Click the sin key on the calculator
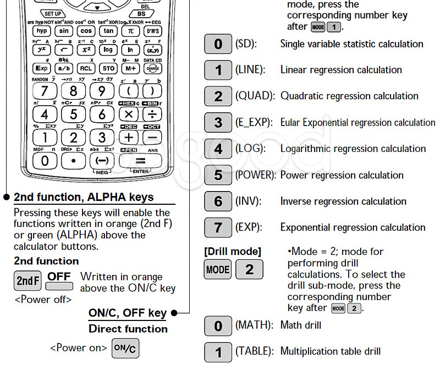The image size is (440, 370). [x=64, y=31]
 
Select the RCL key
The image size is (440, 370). [x=85, y=68]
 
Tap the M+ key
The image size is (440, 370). [x=130, y=68]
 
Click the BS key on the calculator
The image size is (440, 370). [x=141, y=13]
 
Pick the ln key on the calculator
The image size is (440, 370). [x=130, y=50]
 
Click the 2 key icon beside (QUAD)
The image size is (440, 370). [x=218, y=96]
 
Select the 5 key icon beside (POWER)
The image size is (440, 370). [x=218, y=175]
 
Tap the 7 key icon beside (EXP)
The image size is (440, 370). [x=218, y=227]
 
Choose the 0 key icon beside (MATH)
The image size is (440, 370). [x=218, y=326]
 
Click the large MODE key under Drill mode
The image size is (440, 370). [x=218, y=270]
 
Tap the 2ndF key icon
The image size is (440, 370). [x=28, y=281]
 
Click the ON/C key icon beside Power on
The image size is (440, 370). [x=125, y=349]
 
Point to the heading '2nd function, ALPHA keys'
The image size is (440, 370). [x=84, y=197]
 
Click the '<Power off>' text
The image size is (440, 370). [x=43, y=300]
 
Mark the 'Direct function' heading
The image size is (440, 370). [x=128, y=329]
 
